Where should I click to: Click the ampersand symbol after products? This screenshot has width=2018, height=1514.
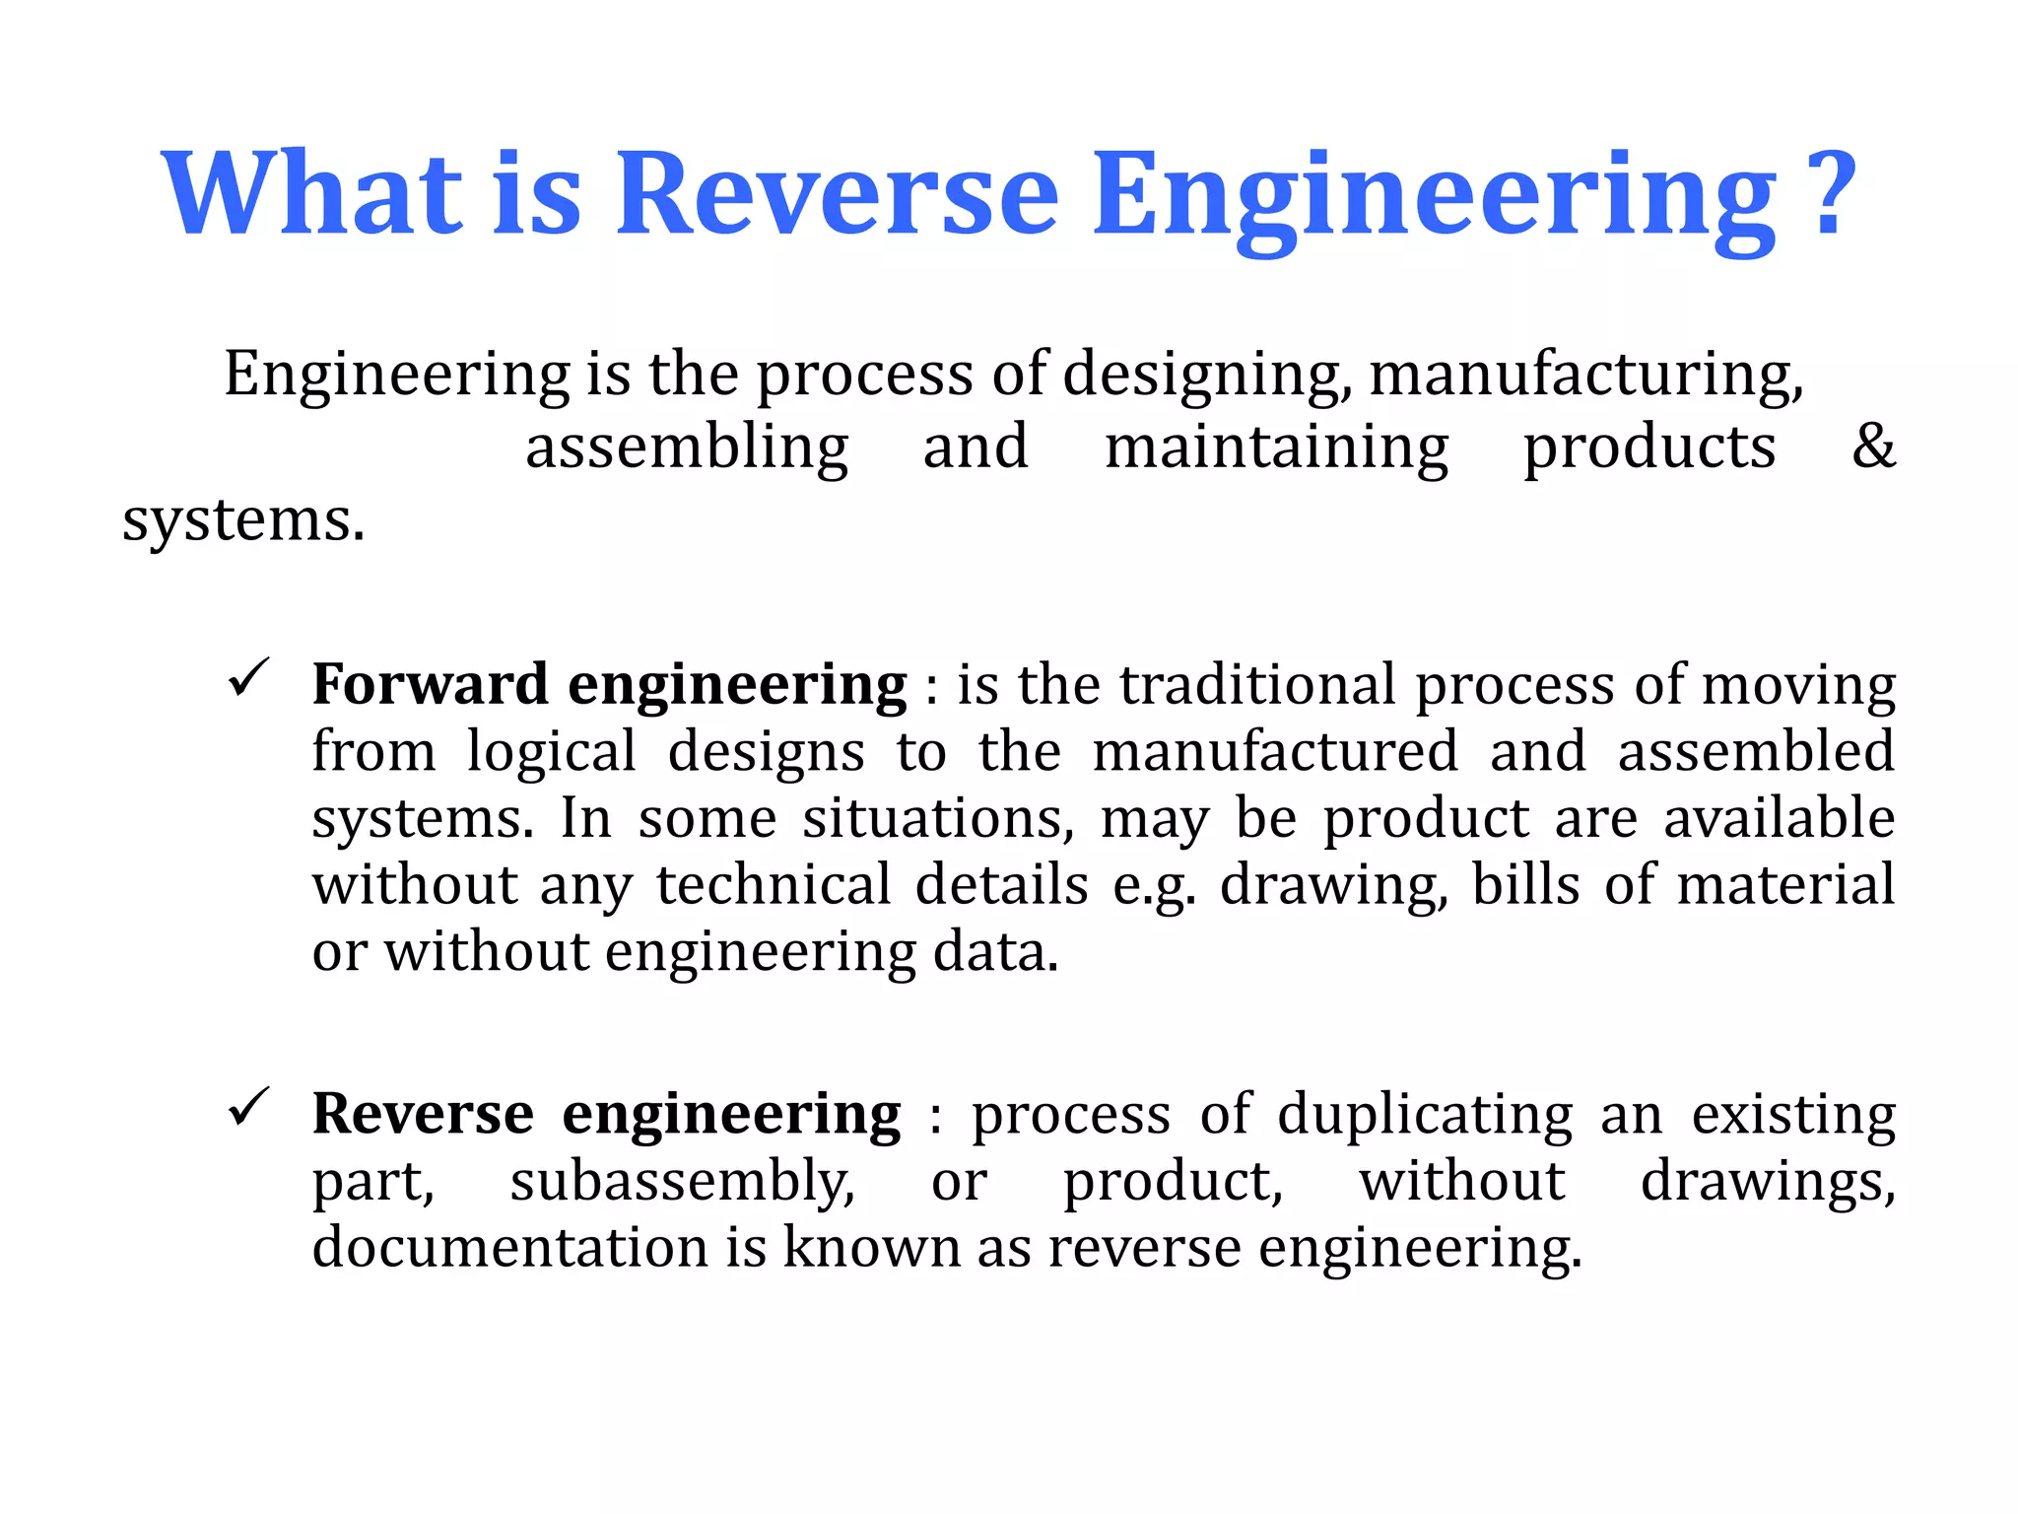pyautogui.click(x=1873, y=446)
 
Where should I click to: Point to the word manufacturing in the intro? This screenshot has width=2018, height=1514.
pyautogui.click(x=1586, y=375)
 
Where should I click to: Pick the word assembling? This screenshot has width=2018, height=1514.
pyautogui.click(x=687, y=447)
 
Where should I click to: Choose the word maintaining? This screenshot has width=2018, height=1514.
pyautogui.click(x=1276, y=447)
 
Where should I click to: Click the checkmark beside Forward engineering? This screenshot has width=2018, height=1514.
pyautogui.click(x=248, y=678)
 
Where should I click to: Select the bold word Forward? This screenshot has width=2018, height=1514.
pyautogui.click(x=430, y=684)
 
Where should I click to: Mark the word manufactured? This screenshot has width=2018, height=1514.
pyautogui.click(x=1275, y=751)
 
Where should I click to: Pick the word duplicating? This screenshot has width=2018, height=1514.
pyautogui.click(x=1425, y=1116)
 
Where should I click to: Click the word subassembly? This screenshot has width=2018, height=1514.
pyautogui.click(x=682, y=1182)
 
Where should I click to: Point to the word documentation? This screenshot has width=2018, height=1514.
pyautogui.click(x=509, y=1247)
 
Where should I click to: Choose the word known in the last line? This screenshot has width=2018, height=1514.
pyautogui.click(x=871, y=1247)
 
